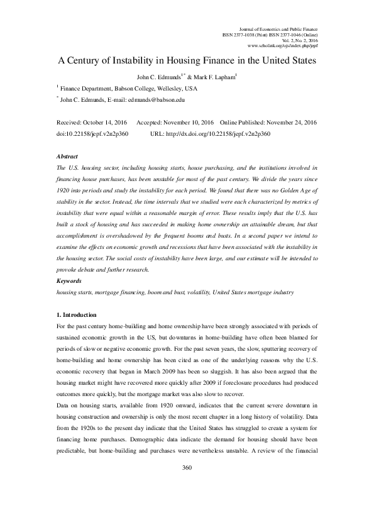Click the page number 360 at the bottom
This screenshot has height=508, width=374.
coord(186,485)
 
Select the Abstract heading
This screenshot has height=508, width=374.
coord(67,155)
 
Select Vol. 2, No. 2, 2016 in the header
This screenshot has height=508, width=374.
coord(300,41)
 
